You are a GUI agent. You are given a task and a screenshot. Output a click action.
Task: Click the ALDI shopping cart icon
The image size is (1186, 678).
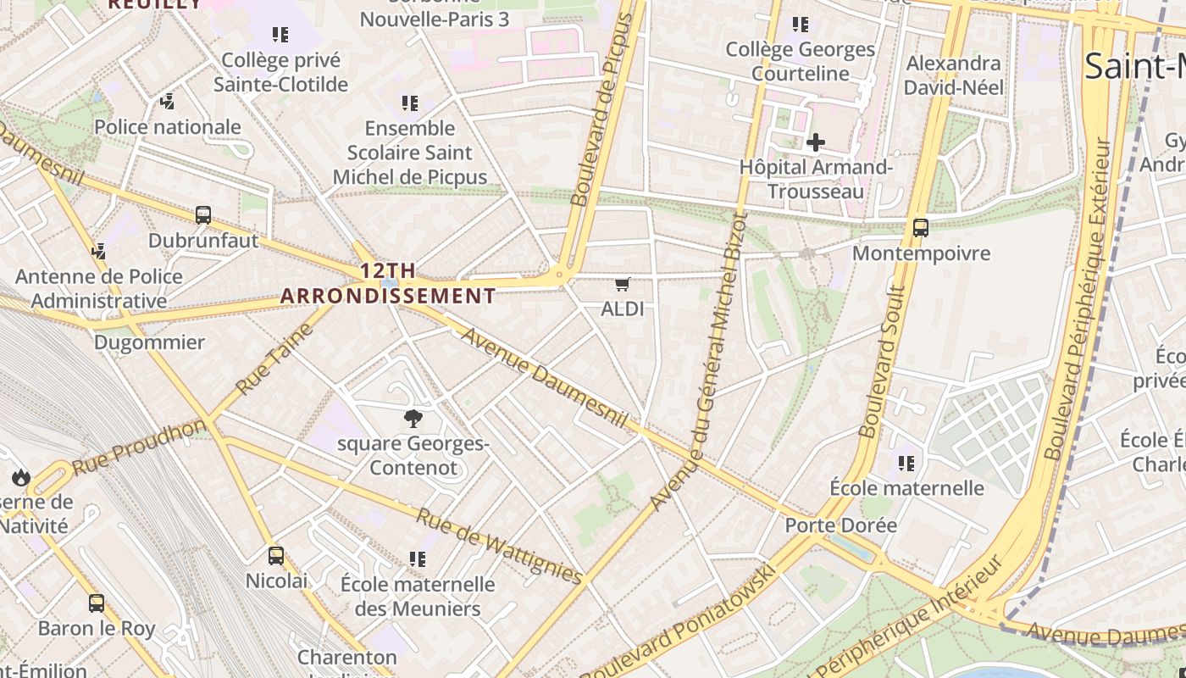[623, 284]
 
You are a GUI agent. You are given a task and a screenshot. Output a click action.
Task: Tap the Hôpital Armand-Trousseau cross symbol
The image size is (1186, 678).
[815, 142]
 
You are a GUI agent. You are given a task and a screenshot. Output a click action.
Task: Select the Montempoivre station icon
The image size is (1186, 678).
[921, 227]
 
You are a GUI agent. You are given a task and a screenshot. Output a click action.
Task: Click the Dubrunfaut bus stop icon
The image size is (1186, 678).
[203, 215]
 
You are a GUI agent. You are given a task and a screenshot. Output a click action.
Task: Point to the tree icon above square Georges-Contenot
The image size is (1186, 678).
[413, 418]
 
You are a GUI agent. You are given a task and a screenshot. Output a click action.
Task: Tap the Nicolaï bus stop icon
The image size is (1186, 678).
[276, 556]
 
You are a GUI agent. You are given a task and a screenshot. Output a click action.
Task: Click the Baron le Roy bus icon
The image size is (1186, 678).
[97, 603]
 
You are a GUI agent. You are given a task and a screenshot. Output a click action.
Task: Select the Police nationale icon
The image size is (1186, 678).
[168, 102]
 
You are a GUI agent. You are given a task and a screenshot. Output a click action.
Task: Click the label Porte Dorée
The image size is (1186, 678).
[840, 525]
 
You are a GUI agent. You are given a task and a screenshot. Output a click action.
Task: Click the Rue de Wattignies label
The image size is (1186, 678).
[500, 547]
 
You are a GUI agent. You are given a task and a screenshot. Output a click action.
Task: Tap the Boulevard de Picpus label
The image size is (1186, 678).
[601, 110]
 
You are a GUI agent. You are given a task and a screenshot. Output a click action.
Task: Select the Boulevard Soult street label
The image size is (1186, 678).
[883, 360]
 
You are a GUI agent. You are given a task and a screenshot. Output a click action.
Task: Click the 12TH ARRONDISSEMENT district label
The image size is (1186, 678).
[388, 283]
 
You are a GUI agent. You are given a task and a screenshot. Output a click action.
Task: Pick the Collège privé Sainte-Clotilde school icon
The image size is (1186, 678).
[280, 35]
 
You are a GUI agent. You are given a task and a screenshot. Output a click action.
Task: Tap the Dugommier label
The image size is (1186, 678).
[149, 342]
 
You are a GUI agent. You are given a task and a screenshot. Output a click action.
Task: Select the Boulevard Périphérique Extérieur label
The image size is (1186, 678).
[1078, 298]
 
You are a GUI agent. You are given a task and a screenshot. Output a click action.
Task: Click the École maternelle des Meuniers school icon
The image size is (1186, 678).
[417, 559]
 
